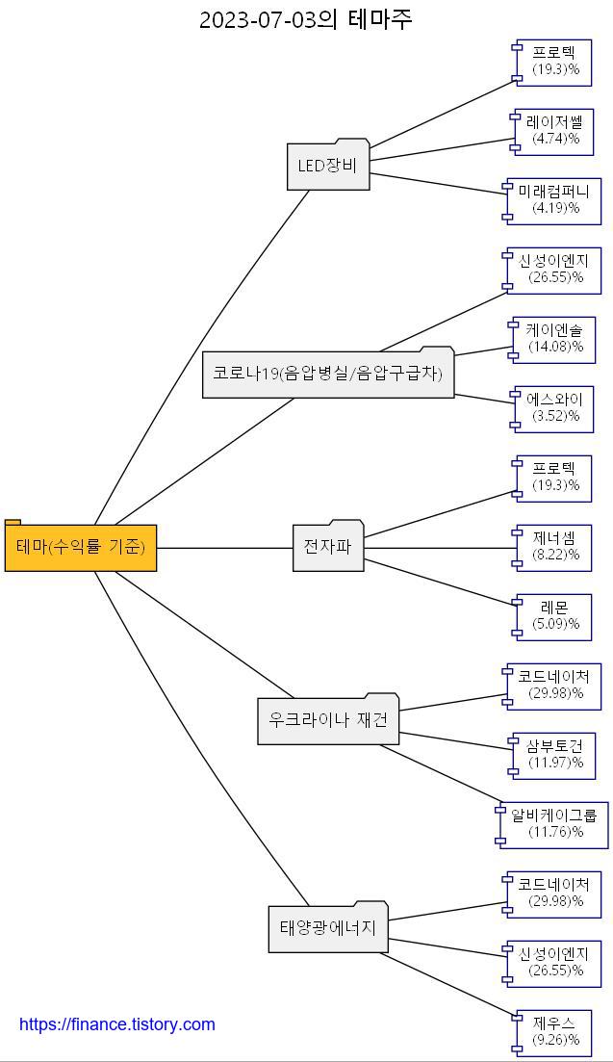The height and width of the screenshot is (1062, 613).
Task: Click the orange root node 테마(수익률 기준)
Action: [x=81, y=547]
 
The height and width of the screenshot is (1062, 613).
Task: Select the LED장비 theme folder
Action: [x=328, y=166]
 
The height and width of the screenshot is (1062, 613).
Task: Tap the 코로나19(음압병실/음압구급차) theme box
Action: [x=328, y=374]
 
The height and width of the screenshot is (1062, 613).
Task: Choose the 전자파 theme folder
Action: [x=328, y=547]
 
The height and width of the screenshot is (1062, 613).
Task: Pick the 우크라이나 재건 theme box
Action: [x=328, y=720]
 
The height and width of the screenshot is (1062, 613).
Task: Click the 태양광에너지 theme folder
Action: [x=328, y=928]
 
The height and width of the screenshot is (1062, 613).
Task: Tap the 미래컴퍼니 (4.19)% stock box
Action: [x=554, y=200]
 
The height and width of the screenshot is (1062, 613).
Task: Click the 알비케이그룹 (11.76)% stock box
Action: [x=554, y=824]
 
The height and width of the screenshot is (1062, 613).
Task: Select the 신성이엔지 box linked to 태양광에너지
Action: [x=554, y=963]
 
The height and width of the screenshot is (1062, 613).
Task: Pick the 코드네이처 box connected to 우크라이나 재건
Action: [x=554, y=686]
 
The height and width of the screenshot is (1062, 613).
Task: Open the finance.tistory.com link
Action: [x=117, y=1024]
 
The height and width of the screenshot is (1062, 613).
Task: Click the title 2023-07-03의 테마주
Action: [x=306, y=19]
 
